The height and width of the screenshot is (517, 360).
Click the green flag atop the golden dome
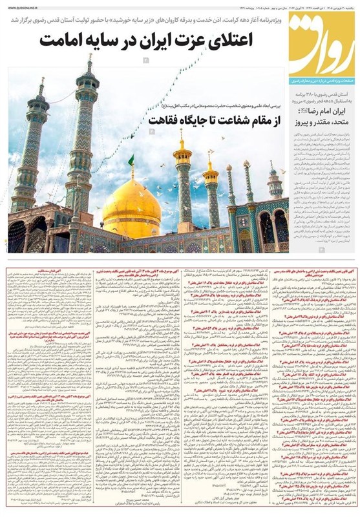click(x=131, y=159)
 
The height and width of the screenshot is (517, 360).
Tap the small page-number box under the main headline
click(x=147, y=60)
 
